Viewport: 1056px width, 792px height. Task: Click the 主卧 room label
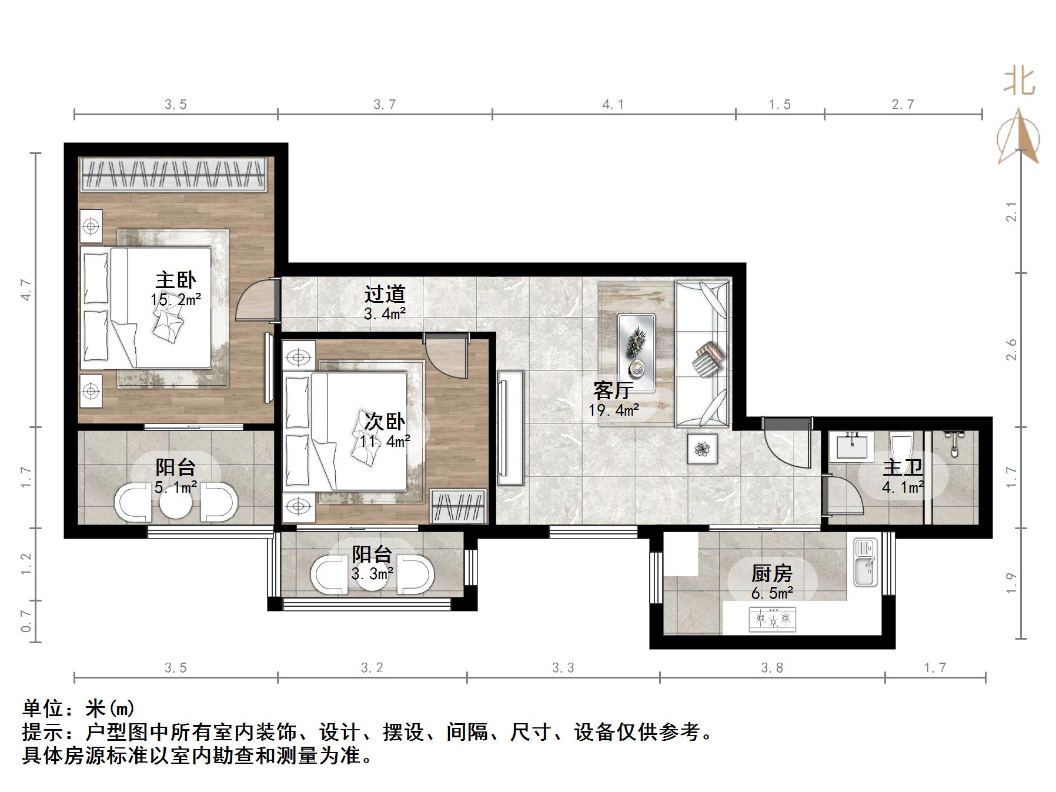tap(175, 280)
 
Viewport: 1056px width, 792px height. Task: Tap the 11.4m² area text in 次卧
tap(385, 440)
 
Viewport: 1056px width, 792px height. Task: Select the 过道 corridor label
tap(385, 294)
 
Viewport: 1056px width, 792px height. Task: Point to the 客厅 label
tap(613, 390)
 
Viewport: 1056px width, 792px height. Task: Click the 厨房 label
tap(771, 573)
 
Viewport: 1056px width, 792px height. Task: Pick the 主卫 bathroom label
tap(903, 468)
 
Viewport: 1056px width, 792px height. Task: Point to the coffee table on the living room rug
tap(636, 353)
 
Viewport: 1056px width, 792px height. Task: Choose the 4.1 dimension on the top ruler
tap(613, 105)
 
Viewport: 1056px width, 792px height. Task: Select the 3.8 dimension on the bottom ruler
tap(771, 667)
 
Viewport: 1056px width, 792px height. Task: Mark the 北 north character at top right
tap(1019, 81)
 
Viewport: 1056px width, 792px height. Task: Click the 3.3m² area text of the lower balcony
tap(372, 573)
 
